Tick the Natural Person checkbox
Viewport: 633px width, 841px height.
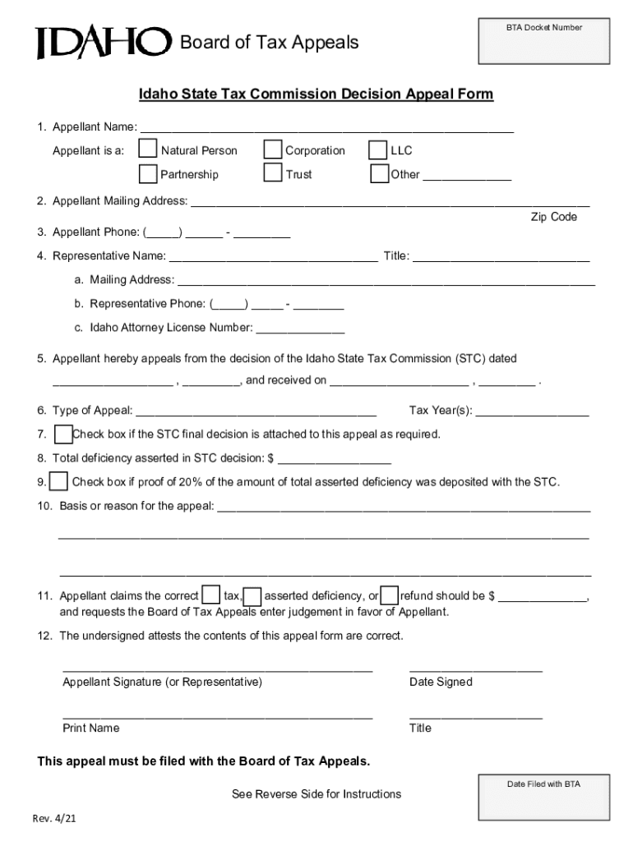click(148, 149)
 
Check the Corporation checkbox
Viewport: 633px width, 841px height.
click(273, 149)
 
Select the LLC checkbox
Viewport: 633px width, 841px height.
click(378, 150)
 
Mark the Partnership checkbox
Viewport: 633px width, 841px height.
click(148, 174)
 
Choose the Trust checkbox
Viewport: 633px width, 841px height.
click(273, 173)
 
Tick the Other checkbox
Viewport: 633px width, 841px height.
click(379, 174)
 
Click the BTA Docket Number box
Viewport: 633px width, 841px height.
click(543, 42)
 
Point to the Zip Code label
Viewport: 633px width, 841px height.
click(553, 217)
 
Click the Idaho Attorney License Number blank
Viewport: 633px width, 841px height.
click(300, 329)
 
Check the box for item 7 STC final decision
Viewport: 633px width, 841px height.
click(62, 434)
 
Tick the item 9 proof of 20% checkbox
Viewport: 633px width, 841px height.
click(59, 481)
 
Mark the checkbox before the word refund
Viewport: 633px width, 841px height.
click(390, 595)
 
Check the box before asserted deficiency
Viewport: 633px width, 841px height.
click(254, 595)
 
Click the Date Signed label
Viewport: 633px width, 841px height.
click(441, 682)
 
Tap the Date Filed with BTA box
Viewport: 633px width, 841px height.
click(543, 797)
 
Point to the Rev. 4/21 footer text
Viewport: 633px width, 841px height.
click(55, 820)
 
